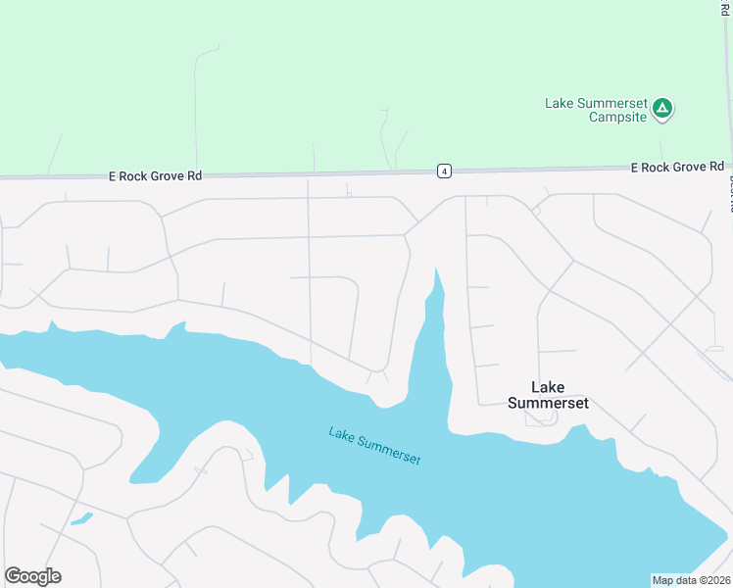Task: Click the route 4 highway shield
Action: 445,171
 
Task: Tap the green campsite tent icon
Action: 663,108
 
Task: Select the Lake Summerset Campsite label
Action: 596,110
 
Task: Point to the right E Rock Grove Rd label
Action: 677,167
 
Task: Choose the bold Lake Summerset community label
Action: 548,395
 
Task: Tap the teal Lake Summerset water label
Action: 375,446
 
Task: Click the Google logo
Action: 32,576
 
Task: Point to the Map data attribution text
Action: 692,579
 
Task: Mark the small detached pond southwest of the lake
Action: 81,517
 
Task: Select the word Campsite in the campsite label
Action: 617,118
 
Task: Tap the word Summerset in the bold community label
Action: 548,403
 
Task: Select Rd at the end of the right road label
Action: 716,167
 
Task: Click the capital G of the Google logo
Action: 13,576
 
